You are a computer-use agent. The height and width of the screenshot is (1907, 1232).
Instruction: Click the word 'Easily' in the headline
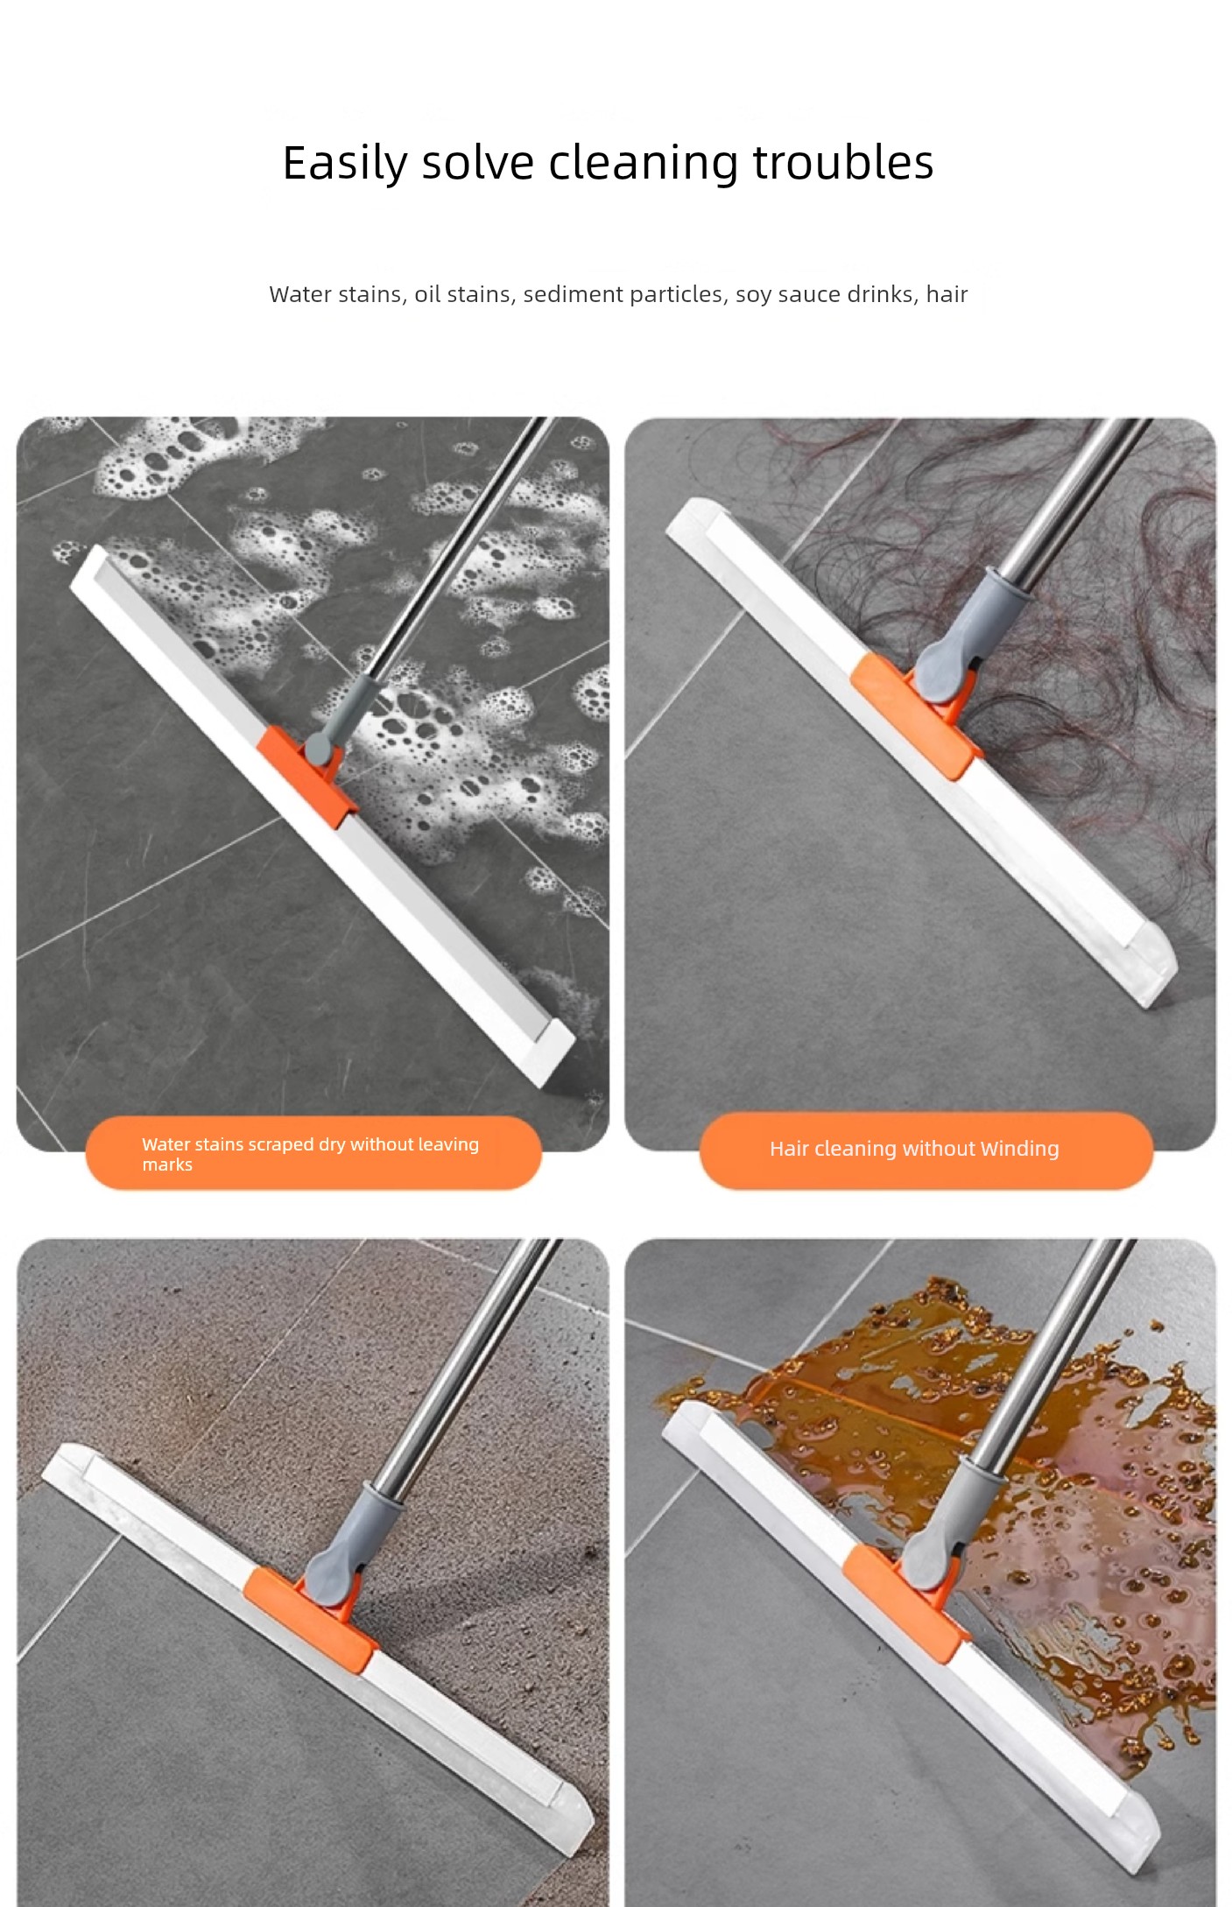[x=345, y=164]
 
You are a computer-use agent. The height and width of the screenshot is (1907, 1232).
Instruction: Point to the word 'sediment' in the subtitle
[x=573, y=294]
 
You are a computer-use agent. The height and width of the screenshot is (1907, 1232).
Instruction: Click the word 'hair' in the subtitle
[x=947, y=294]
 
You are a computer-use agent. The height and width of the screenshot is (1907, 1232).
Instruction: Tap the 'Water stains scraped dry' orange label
[x=313, y=1153]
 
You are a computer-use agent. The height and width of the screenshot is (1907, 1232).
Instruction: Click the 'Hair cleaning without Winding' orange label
[x=926, y=1150]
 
